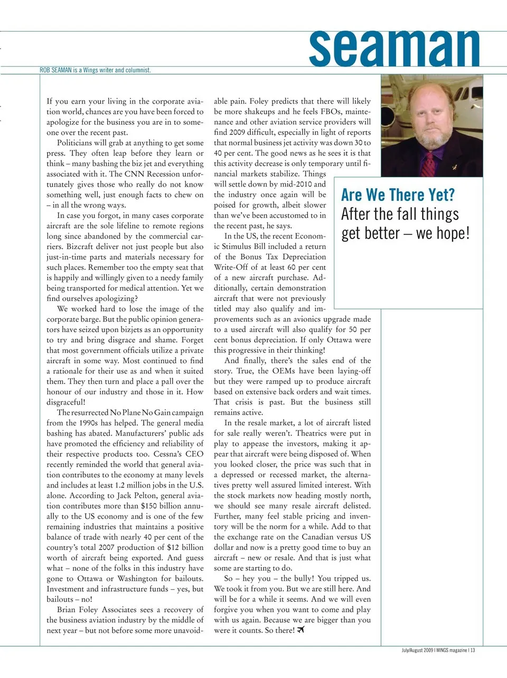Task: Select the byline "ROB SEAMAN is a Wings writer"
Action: [x=95, y=70]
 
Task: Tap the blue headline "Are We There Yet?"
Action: [x=398, y=195]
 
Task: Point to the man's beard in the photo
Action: [x=429, y=139]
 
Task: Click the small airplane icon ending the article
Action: [x=302, y=630]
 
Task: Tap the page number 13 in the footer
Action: [x=473, y=650]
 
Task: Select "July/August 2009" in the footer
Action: [x=417, y=650]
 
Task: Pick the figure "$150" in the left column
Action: [x=149, y=506]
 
